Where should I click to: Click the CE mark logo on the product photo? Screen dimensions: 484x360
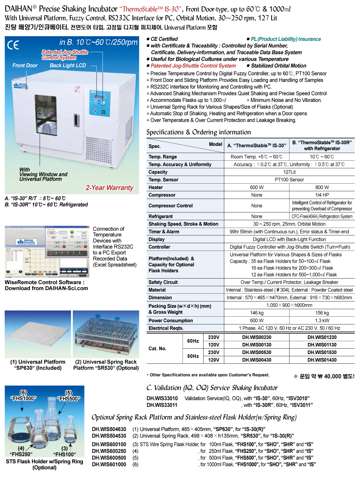click(x=13, y=45)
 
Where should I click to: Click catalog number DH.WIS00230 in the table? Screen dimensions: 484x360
click(x=256, y=337)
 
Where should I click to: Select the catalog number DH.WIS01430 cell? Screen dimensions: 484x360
click(x=322, y=360)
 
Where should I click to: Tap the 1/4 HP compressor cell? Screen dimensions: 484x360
click(x=322, y=195)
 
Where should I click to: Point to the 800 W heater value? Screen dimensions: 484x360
click(x=322, y=187)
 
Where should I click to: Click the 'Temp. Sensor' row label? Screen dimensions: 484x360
click(x=163, y=180)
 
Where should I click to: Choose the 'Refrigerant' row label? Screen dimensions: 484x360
click(x=160, y=216)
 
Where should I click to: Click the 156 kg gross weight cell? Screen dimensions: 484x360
click(x=322, y=313)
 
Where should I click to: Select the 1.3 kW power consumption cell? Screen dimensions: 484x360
click(x=322, y=321)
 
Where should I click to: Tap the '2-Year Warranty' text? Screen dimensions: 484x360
click(x=109, y=188)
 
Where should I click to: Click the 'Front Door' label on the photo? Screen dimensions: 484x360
click(x=25, y=65)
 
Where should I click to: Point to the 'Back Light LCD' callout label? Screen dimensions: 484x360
click(x=68, y=65)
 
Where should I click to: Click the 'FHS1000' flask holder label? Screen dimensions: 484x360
click(x=23, y=398)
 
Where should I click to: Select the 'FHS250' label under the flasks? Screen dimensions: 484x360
click(x=21, y=454)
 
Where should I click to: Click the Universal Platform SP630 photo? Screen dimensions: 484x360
click(x=38, y=334)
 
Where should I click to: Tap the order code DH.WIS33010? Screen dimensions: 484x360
click(x=162, y=398)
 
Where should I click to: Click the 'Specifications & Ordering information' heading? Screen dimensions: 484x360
click(x=198, y=132)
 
